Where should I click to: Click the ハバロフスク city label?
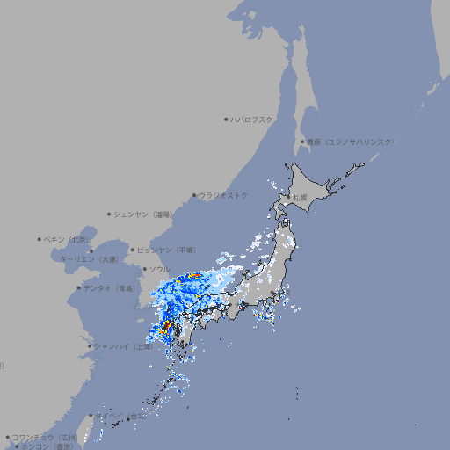coord(252,119)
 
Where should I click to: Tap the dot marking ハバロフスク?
coord(226,119)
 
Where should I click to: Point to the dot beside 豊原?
coord(302,142)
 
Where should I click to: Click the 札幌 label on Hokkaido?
coord(300,198)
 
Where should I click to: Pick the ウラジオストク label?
coord(223,195)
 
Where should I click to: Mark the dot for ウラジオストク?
coord(194,195)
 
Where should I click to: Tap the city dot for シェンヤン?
coord(109,214)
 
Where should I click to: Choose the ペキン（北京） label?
coord(68,239)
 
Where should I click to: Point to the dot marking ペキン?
coord(40,239)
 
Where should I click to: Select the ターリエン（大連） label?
coord(89,259)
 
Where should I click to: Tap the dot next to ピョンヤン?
coord(133,250)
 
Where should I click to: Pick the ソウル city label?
coord(159,269)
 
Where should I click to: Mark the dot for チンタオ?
coord(78,287)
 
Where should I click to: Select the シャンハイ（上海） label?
coord(124,346)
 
